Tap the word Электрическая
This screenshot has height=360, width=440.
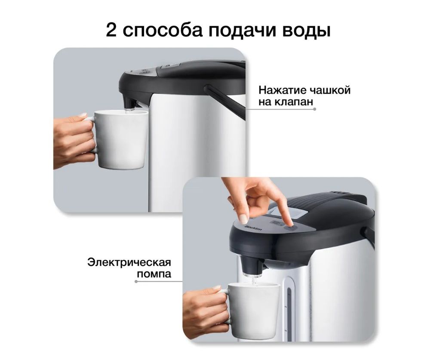[x=129, y=262]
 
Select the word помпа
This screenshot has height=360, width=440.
[x=154, y=274]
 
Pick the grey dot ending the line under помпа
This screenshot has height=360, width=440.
[x=136, y=281]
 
